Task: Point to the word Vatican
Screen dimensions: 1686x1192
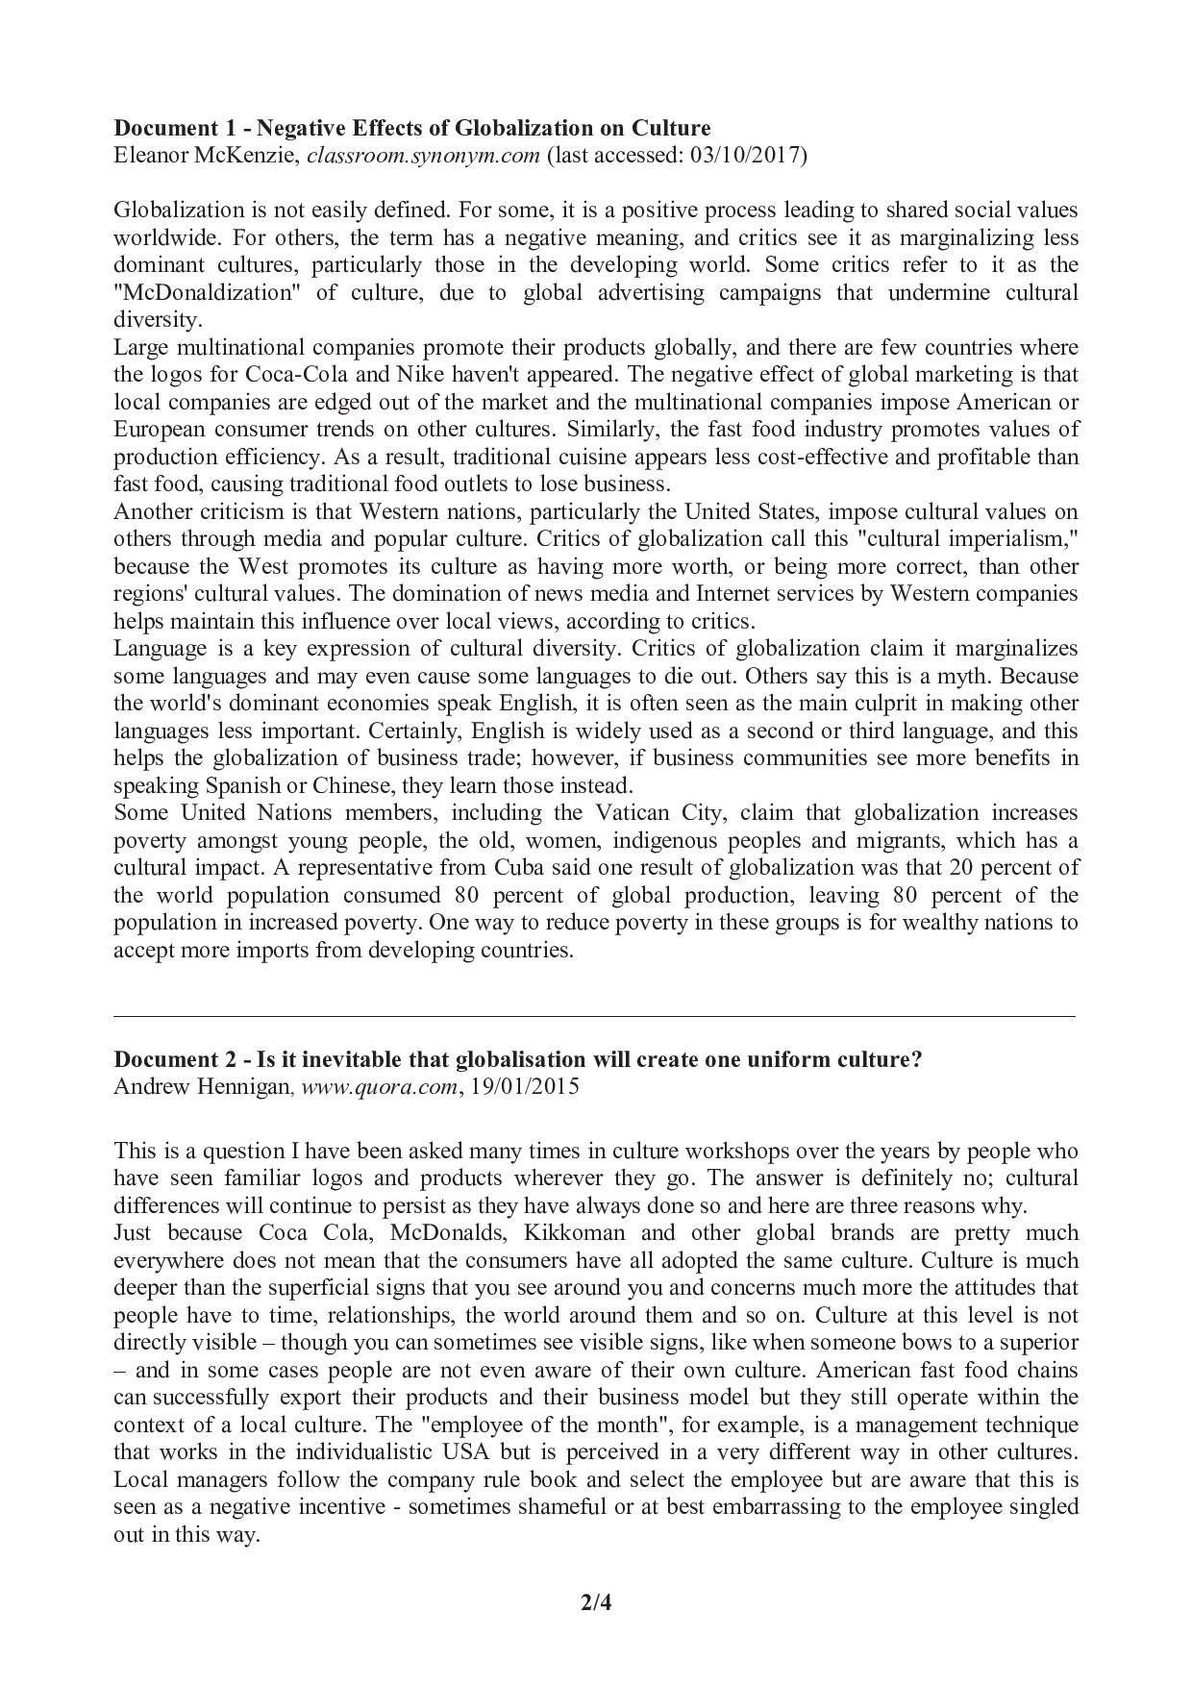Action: [630, 813]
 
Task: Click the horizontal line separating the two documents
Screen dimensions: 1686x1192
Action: [594, 1015]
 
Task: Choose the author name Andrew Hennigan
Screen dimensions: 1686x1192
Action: [201, 1087]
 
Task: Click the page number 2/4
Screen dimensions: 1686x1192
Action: [596, 1602]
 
